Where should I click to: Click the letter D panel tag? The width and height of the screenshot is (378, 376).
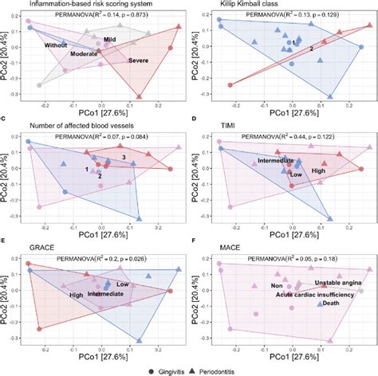click(x=196, y=120)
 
